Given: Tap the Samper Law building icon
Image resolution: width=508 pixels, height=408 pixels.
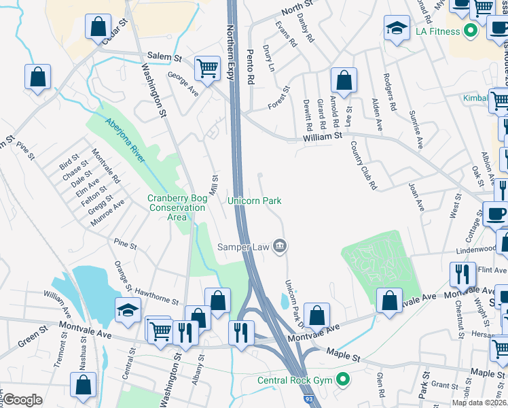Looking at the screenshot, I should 279,246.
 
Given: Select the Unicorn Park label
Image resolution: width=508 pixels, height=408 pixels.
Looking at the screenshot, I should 254,201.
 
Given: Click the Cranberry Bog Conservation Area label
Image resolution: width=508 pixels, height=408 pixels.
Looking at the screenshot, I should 177,207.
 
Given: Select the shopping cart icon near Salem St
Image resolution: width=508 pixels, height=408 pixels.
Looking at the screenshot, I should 207,67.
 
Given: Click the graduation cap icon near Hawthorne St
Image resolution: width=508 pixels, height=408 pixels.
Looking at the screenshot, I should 127,310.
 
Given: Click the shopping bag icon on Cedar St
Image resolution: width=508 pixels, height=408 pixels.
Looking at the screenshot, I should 98,27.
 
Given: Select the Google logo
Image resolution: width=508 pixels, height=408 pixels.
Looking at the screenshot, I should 22,400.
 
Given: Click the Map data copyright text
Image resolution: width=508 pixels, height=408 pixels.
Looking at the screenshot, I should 479,403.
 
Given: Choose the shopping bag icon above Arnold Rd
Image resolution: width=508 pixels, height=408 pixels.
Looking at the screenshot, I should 344,80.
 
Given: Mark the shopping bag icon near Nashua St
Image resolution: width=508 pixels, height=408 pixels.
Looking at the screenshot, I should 84,384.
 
